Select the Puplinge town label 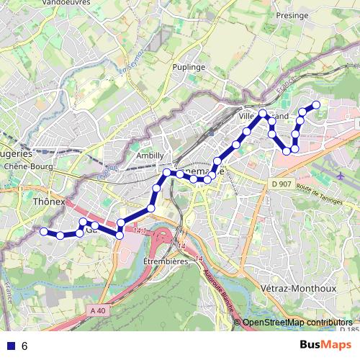[189, 66]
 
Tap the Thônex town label [48, 202]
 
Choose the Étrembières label [165, 261]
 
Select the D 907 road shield [282, 184]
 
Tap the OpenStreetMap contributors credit [297, 323]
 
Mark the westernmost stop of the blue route [43, 231]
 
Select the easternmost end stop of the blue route [315, 105]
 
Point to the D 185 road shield [352, 330]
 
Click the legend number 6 [24, 346]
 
